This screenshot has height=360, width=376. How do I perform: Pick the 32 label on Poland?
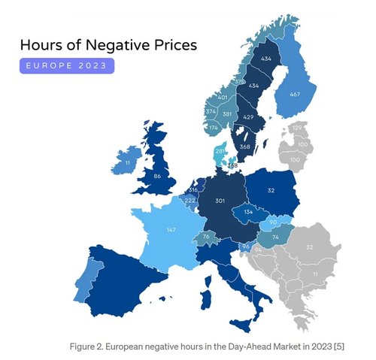269,192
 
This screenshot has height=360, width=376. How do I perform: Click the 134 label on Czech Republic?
247,212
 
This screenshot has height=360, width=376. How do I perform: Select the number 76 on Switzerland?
206,237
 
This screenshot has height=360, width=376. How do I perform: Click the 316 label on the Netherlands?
193,190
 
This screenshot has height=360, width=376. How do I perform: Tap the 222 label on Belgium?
190,201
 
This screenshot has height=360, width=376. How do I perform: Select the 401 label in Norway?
222,98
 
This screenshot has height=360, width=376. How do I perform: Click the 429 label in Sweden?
249,119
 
